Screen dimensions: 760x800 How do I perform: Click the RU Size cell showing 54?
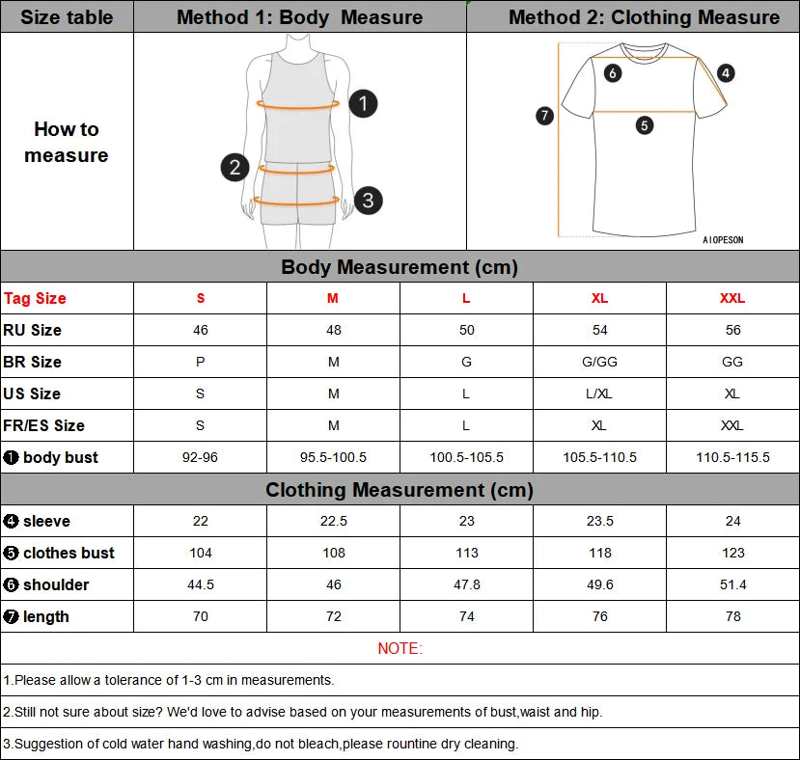point(599,330)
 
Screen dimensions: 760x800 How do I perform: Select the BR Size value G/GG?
point(599,362)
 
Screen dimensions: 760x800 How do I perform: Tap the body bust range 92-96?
point(200,457)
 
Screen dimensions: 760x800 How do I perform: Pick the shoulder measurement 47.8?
point(466,584)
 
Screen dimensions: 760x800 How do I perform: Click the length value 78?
point(732,616)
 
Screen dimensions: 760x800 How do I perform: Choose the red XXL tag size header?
point(732,298)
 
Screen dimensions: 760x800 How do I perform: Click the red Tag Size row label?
point(36,298)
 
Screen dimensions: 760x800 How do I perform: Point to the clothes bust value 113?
point(466,553)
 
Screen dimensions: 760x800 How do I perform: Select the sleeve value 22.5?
point(333,521)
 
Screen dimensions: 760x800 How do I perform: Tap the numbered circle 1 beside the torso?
point(362,103)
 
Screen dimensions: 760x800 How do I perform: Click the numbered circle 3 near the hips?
point(368,201)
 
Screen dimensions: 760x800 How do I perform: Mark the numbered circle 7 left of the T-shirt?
point(544,116)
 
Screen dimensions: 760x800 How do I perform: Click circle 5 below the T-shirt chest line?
point(645,124)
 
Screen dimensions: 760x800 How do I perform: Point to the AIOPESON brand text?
point(723,240)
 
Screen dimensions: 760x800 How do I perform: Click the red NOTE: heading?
point(400,648)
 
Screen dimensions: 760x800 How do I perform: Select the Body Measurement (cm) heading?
point(400,267)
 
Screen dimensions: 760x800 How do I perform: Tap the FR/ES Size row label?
point(44,425)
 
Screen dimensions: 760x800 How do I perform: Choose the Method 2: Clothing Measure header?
point(644,17)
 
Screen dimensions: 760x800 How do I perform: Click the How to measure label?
point(67,142)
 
